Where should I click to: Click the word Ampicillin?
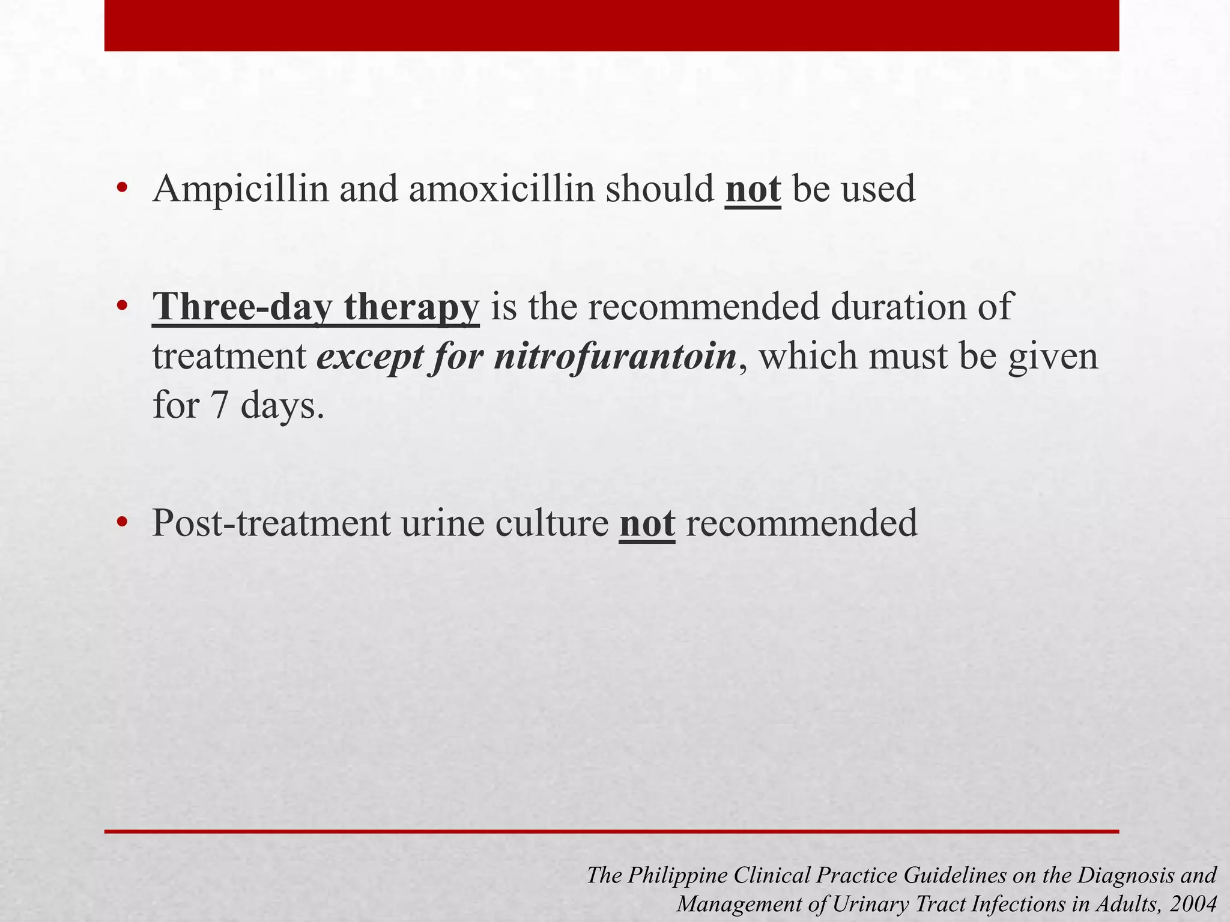[x=241, y=190]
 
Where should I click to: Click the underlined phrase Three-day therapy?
[x=316, y=307]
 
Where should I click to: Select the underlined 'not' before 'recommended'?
[x=647, y=523]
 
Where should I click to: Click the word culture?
[x=552, y=523]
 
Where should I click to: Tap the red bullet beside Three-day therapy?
[x=123, y=307]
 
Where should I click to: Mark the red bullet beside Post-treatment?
[x=123, y=522]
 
